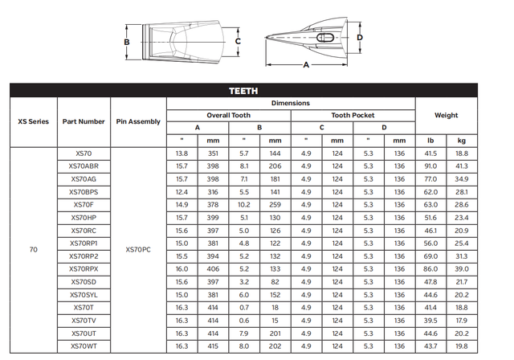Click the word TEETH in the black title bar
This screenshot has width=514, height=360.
243,91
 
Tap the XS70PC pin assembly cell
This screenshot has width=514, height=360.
138,249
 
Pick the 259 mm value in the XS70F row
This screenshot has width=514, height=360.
275,204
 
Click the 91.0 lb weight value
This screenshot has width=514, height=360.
430,166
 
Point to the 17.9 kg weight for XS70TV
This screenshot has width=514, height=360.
462,320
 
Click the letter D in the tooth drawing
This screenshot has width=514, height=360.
360,37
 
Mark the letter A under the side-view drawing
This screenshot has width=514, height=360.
305,67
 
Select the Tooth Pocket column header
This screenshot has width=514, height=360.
353,115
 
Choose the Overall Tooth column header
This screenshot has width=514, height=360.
228,115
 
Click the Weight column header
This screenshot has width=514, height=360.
446,115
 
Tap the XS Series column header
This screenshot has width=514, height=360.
33,121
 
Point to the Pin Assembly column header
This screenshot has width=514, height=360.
138,121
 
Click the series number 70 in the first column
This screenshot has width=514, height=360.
33,249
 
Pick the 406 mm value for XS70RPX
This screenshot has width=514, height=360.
212,268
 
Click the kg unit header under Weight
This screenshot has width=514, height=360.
462,140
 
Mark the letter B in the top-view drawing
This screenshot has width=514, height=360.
126,42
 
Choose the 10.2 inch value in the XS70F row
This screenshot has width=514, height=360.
244,204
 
